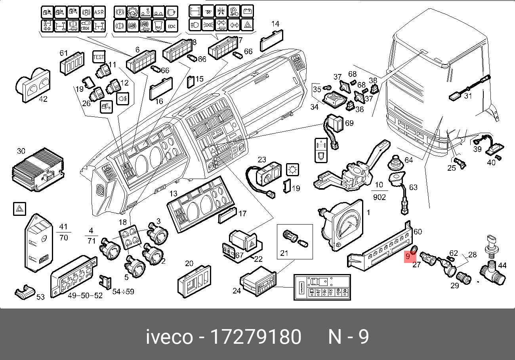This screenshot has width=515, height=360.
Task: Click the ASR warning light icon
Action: (99, 12)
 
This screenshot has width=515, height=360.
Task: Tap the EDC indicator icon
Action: (171, 26)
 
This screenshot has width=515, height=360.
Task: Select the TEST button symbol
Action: (98, 57)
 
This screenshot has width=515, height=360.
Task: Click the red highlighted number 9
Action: (408, 257)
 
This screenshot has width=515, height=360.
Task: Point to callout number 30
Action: (21, 151)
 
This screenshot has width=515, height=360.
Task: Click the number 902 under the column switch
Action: (379, 197)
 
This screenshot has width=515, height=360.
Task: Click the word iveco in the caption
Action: (169, 337)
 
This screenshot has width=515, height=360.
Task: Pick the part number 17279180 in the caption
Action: (255, 337)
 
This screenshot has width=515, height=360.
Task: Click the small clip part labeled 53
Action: (25, 292)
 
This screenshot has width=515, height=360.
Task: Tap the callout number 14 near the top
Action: (275, 24)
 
